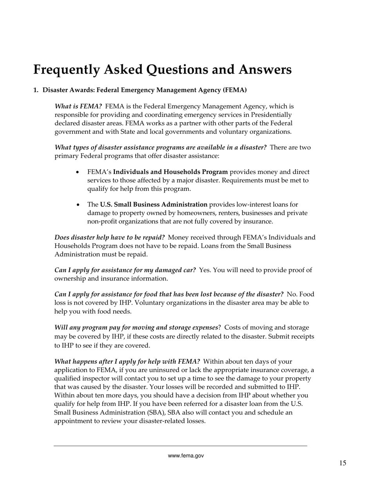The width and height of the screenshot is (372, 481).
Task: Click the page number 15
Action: tap(343, 463)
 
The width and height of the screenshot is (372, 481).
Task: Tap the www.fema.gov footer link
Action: tap(186, 456)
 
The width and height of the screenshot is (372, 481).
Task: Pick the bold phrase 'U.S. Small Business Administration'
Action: tap(154, 205)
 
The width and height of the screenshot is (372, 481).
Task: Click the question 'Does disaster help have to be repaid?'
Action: tap(110, 237)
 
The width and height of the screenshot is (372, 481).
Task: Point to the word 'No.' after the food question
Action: tap(292, 294)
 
